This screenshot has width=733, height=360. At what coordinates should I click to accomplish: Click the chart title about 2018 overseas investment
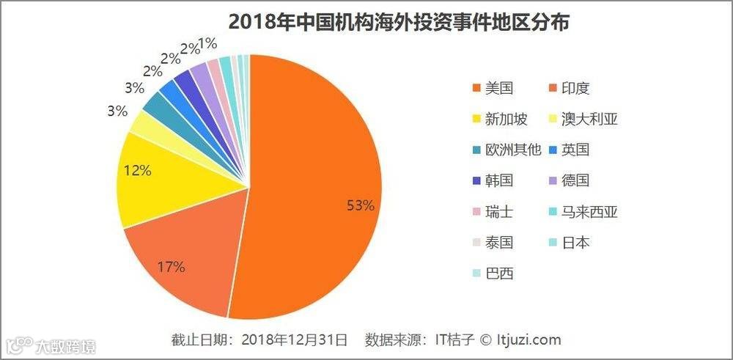click(x=399, y=21)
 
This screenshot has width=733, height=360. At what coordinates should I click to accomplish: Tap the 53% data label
click(x=360, y=206)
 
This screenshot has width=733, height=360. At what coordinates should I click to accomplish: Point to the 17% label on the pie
click(x=171, y=266)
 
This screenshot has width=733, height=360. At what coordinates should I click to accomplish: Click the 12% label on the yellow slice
click(x=137, y=171)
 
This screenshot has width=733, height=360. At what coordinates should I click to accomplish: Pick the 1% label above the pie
click(x=207, y=44)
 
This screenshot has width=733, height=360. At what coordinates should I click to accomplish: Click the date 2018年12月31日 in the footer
click(x=293, y=339)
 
